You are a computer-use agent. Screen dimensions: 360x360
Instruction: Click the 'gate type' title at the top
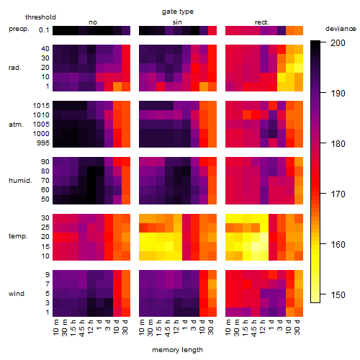[178, 12]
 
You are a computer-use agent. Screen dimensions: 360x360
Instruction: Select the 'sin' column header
[177, 22]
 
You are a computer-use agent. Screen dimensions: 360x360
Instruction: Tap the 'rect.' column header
[261, 22]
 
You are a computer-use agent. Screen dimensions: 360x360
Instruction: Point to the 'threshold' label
[40, 17]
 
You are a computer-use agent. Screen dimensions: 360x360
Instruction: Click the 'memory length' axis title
[177, 350]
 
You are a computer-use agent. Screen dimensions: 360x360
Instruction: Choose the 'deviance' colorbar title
[341, 29]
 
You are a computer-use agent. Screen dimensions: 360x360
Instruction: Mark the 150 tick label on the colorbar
[338, 294]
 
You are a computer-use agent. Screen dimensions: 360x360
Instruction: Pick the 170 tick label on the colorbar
[338, 194]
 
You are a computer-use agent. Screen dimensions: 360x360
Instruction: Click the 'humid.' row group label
[20, 181]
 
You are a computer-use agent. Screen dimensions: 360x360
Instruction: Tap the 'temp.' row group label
[18, 236]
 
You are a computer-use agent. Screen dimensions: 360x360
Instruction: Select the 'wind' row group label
[17, 294]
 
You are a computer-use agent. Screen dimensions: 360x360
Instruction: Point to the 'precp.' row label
[19, 29]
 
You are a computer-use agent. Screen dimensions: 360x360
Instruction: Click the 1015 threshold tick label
[41, 106]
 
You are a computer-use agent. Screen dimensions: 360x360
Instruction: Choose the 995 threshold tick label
[43, 143]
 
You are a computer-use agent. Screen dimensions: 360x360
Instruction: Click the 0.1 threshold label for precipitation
[44, 30]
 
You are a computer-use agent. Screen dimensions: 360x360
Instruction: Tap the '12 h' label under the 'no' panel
[90, 327]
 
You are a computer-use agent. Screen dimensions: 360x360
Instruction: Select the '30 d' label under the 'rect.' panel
[297, 327]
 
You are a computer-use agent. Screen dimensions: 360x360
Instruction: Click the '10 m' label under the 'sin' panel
[142, 327]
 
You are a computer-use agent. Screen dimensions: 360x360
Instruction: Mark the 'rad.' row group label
[15, 68]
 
